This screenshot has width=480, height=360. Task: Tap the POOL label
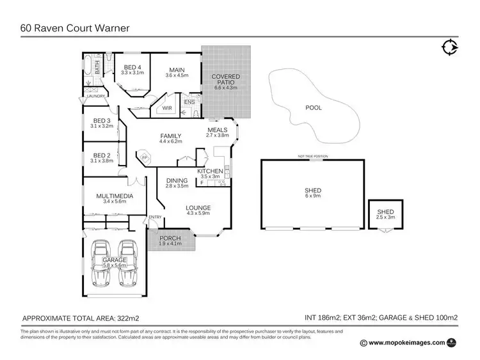click(314, 108)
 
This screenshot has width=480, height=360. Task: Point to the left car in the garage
click(102, 263)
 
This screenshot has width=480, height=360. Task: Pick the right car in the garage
click(129, 263)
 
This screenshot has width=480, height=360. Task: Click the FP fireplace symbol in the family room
click(145, 156)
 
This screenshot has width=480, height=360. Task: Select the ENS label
click(189, 102)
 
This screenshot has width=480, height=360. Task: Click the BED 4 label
click(133, 67)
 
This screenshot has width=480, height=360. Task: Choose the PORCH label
click(170, 239)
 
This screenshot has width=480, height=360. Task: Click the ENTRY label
click(156, 217)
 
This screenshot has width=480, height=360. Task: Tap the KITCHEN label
click(209, 171)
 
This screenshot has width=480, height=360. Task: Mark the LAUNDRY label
click(92, 97)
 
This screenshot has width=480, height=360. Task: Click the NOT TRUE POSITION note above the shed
click(312, 157)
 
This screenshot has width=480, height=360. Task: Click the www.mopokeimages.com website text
click(408, 343)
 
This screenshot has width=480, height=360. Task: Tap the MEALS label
click(218, 129)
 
